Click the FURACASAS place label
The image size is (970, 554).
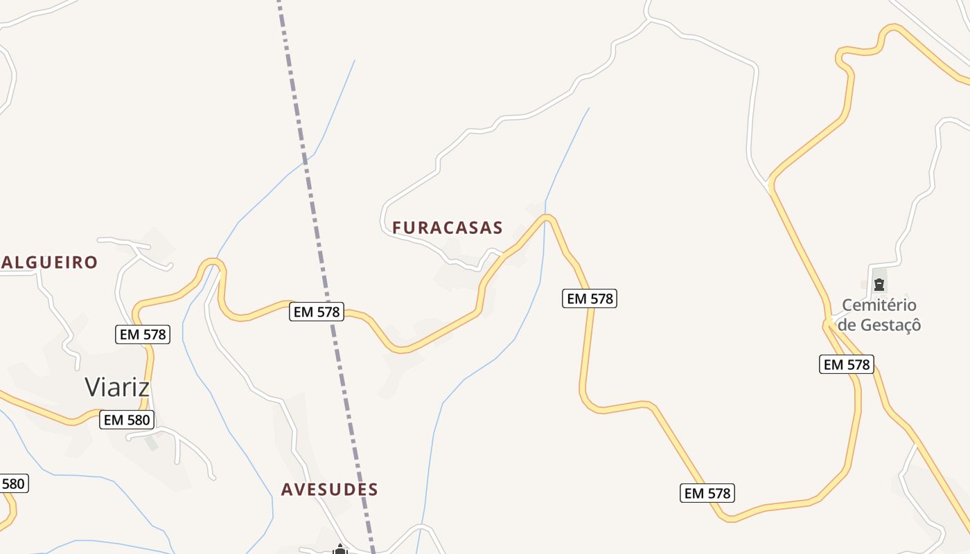448,228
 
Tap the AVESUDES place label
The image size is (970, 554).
330,490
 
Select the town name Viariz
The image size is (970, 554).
117,387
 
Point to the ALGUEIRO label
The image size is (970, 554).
49,262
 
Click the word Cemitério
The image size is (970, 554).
879,305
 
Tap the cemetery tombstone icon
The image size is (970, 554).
879,284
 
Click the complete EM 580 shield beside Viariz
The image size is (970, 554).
127,420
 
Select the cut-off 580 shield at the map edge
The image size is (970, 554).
13,483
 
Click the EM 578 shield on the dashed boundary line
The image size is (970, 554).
317,312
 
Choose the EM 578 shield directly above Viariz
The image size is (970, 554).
142,335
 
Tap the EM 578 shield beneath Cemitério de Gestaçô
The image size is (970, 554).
847,364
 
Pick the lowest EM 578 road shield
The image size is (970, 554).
707,493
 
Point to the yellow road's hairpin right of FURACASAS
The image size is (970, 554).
547,219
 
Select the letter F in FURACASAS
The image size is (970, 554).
397,228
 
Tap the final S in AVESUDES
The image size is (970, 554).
373,490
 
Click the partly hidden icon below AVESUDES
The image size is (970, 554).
339,550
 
